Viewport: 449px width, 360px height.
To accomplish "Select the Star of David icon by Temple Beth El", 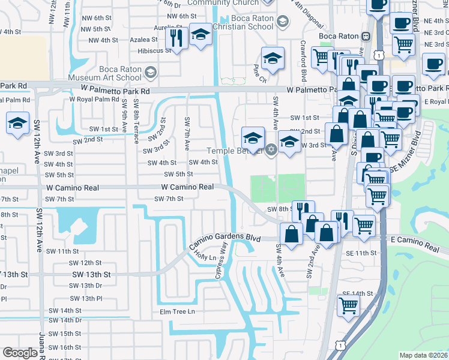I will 271,149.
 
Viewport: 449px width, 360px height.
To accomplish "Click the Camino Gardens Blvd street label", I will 226,239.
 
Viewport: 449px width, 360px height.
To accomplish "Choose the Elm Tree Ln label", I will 178,311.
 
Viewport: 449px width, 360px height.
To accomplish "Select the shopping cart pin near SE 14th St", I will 348,305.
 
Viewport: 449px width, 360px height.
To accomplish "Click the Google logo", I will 20,353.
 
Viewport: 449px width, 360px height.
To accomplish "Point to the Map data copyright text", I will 424,355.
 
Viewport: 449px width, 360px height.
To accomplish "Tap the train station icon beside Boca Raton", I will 365,36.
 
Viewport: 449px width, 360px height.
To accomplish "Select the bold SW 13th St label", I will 91,274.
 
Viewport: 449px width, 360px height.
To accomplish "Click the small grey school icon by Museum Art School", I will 150,73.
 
